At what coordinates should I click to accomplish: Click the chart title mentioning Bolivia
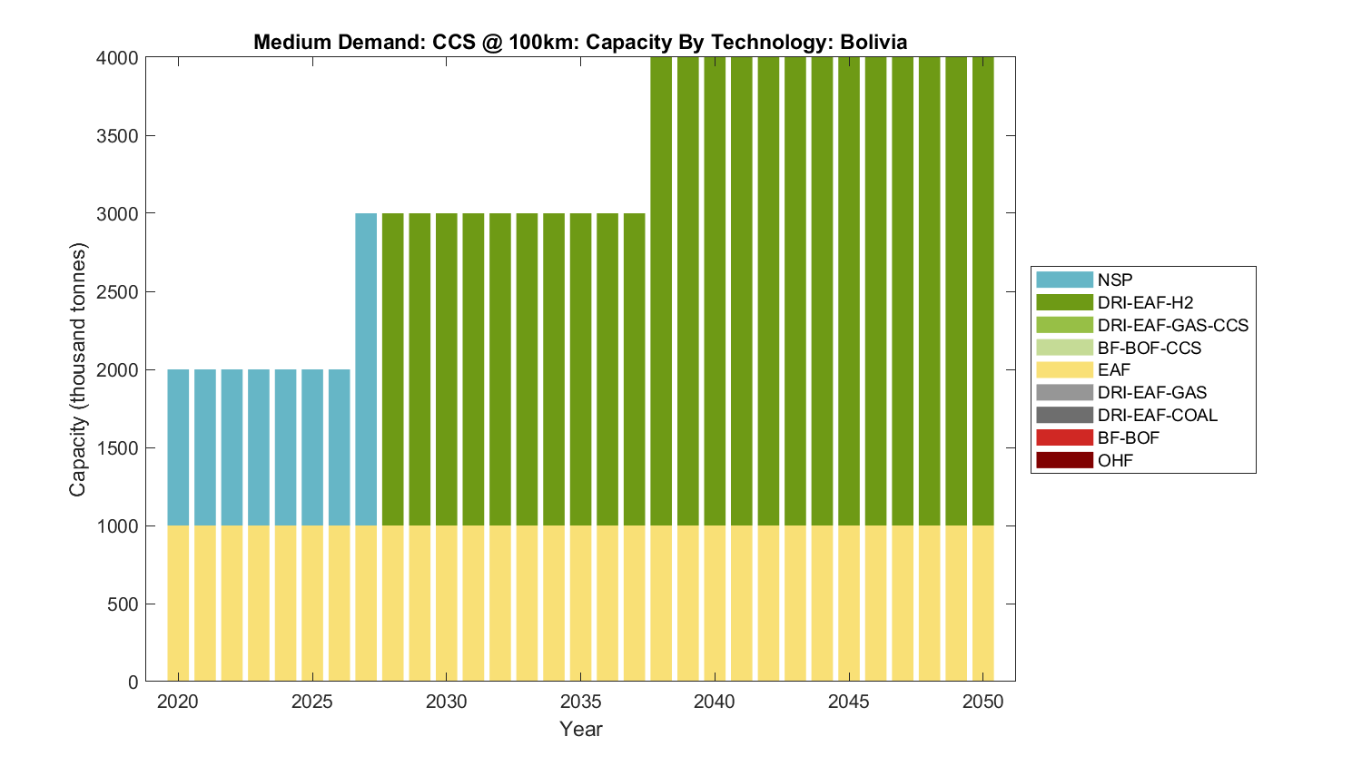(580, 42)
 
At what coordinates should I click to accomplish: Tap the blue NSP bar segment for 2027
(366, 369)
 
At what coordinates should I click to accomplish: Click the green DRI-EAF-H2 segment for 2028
(393, 369)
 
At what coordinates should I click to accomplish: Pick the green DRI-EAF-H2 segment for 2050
(983, 290)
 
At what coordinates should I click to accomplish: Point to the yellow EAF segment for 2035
(581, 604)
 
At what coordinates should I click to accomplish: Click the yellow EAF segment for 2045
(849, 604)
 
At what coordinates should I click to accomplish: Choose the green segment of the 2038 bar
(661, 290)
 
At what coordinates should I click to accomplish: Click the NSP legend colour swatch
(1064, 280)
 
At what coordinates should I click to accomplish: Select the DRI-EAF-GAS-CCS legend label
(1173, 326)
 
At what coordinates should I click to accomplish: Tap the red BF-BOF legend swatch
(1064, 438)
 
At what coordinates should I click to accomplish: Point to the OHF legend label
(1115, 461)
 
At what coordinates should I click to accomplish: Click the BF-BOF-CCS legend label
(1150, 349)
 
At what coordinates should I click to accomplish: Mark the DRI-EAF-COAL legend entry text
(1158, 416)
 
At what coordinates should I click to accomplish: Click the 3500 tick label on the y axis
(117, 136)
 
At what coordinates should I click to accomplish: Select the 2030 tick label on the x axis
(447, 702)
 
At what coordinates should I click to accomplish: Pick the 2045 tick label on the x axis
(849, 702)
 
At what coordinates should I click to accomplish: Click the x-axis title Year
(581, 730)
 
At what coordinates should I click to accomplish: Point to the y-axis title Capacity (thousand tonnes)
(78, 369)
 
